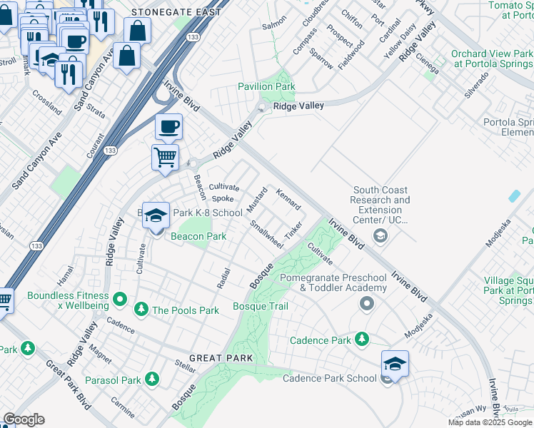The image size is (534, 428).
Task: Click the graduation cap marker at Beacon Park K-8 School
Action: pyautogui.click(x=155, y=215)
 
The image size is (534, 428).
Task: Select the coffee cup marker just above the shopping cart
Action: pyautogui.click(x=168, y=127)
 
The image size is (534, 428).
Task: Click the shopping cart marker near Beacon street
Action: pyautogui.click(x=165, y=156)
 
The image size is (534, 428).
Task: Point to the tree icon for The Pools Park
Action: pyautogui.click(x=141, y=310)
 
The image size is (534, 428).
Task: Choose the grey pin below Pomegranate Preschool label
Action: pyautogui.click(x=367, y=305)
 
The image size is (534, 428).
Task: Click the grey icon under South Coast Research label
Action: pyautogui.click(x=380, y=235)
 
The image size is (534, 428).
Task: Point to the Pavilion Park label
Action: pyautogui.click(x=266, y=86)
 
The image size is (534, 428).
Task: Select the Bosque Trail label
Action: pyautogui.click(x=261, y=306)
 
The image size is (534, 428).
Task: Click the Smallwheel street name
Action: pyautogui.click(x=266, y=234)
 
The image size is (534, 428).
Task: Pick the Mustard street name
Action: pyautogui.click(x=257, y=199)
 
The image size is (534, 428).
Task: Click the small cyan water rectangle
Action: pyautogui.click(x=514, y=195)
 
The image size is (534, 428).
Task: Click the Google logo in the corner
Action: pyautogui.click(x=23, y=419)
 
